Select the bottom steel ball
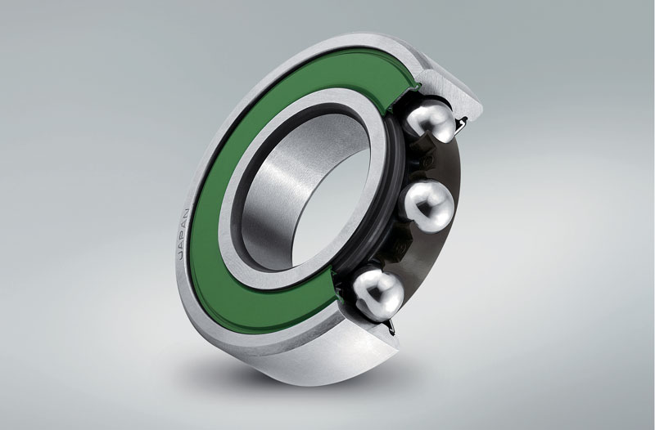point(378,294)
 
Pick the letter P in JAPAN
point(183,234)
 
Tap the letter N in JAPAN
point(187,213)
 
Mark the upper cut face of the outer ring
point(451,92)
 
